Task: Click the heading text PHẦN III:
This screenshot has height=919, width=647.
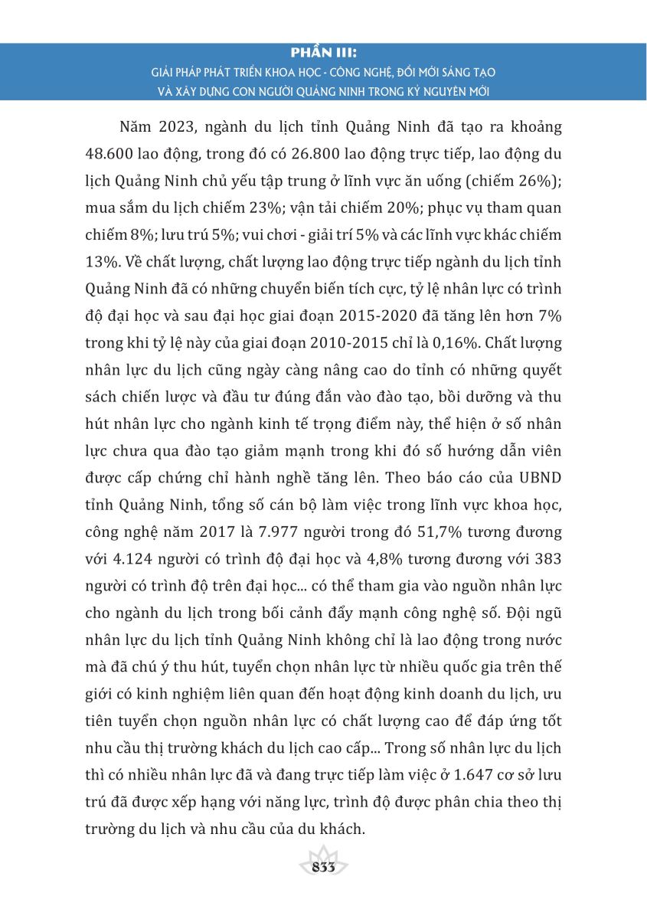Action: (324, 54)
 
